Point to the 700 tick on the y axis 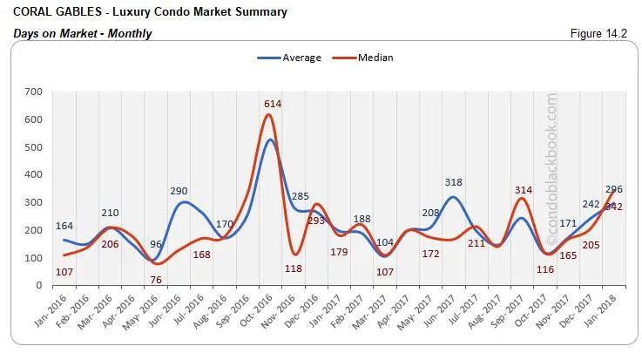[x=34, y=92]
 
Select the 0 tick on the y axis [x=39, y=286]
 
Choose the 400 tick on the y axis [x=34, y=174]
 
